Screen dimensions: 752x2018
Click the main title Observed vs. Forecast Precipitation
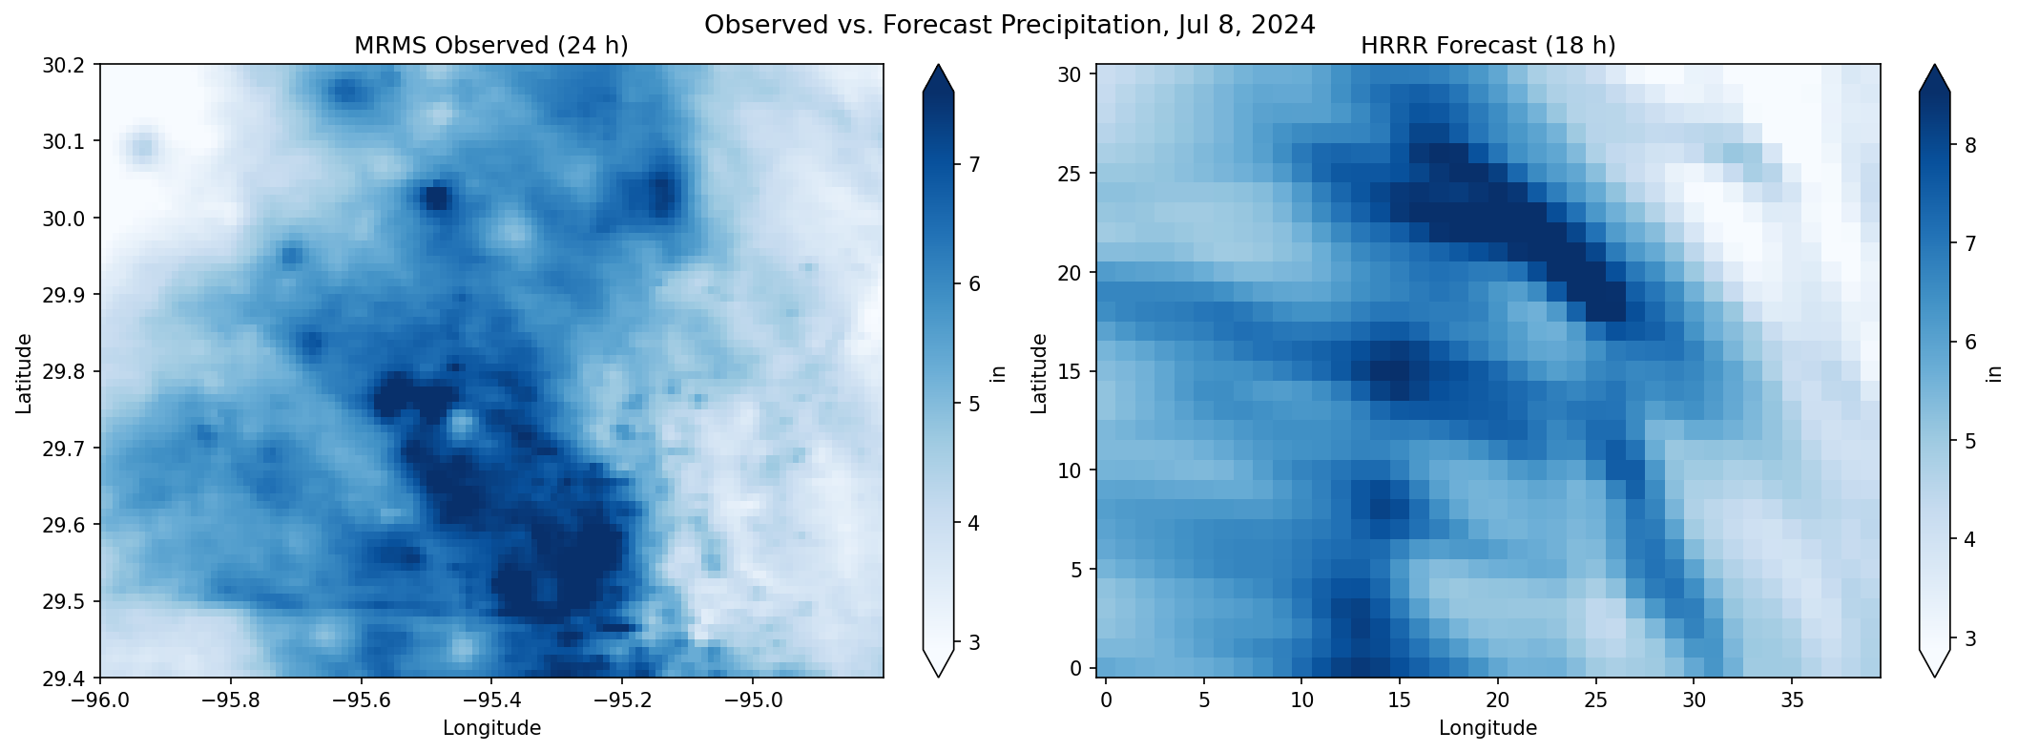tap(1009, 25)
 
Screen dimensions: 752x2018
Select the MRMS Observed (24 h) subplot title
tap(491, 46)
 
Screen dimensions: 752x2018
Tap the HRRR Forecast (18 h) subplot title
tap(1487, 46)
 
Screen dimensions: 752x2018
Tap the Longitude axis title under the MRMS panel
tap(491, 728)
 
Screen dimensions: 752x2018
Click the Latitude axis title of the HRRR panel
tap(1039, 373)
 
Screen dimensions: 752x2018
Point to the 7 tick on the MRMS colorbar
tap(974, 165)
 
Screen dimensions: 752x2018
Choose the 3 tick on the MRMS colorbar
tap(974, 642)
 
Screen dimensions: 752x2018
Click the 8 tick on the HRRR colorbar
tap(1969, 145)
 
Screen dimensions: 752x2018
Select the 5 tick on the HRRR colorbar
tap(1969, 441)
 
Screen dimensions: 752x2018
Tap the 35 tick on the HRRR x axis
tap(1792, 701)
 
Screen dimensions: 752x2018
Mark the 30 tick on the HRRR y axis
tap(1074, 74)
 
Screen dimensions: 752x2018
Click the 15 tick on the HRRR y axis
tap(1074, 371)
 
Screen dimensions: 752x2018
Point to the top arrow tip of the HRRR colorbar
tap(1934, 66)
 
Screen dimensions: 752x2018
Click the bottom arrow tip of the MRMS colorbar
tap(938, 676)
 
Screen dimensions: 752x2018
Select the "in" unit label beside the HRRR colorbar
tap(1994, 373)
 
